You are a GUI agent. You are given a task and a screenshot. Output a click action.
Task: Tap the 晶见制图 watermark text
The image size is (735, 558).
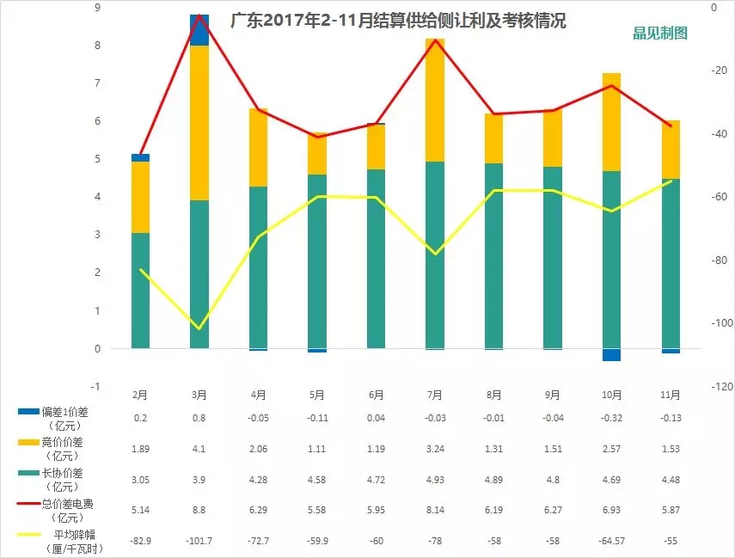(x=659, y=34)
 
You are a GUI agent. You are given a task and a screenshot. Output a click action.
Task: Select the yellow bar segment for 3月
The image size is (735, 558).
(x=199, y=122)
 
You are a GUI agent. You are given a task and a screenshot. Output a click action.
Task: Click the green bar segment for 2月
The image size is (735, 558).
(x=140, y=291)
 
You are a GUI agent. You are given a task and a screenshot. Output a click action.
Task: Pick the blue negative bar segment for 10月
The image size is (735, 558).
(x=611, y=355)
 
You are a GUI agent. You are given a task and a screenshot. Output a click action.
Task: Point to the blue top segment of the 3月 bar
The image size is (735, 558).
(x=199, y=30)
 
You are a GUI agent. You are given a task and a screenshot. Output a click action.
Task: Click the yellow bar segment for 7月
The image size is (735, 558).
(x=435, y=101)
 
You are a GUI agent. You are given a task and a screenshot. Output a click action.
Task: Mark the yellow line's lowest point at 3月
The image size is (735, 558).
(x=199, y=328)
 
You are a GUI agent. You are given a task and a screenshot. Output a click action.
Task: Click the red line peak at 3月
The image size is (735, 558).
(x=199, y=15)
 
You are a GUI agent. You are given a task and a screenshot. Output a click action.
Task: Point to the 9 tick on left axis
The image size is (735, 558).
(x=97, y=8)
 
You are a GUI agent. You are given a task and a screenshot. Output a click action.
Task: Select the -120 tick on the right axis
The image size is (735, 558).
(x=722, y=387)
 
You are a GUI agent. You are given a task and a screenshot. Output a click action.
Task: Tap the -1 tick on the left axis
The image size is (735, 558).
(x=96, y=387)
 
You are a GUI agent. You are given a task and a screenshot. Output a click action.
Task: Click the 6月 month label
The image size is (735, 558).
(x=376, y=396)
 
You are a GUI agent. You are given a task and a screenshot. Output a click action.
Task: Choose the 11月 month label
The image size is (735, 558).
(x=671, y=396)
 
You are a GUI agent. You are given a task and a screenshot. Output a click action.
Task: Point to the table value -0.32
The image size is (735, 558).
(x=611, y=418)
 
